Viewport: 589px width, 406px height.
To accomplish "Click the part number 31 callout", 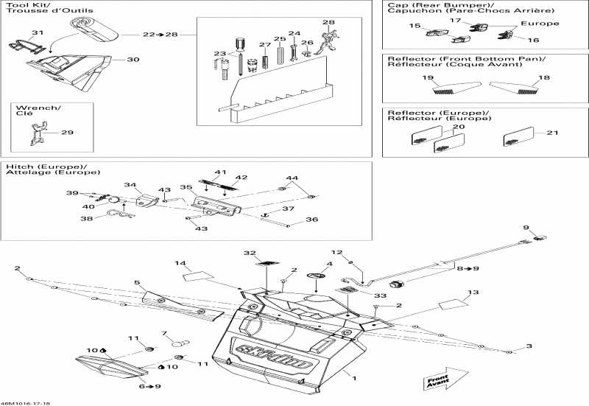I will pos(38,32).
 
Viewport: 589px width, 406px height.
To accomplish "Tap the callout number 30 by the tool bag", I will pos(133,59).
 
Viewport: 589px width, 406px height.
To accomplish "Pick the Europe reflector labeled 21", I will pos(515,138).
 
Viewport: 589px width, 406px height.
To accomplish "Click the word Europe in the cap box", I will pos(544,24).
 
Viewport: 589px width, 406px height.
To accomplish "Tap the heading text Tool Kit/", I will pos(23,5).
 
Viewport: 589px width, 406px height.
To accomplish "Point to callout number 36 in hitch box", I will pos(311,220).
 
